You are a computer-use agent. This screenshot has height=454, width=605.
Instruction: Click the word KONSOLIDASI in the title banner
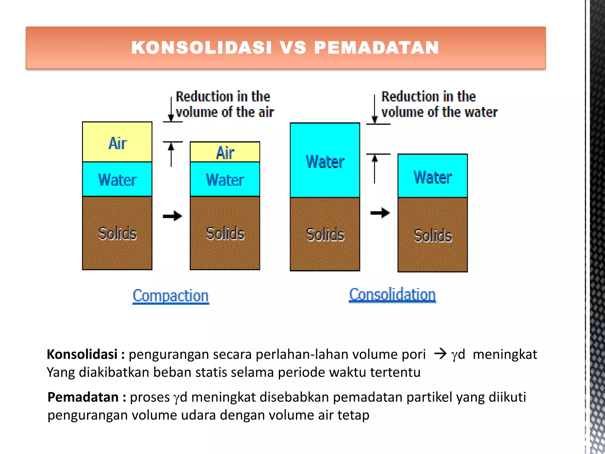(x=201, y=48)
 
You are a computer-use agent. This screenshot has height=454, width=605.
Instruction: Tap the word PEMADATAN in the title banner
(x=376, y=48)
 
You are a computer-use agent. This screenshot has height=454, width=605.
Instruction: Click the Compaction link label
(x=171, y=296)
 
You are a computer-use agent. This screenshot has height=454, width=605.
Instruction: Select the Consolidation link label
(x=392, y=295)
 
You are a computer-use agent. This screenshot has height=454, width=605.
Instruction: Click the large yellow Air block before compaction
(x=117, y=142)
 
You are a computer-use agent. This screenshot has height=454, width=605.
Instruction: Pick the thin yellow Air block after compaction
(x=225, y=152)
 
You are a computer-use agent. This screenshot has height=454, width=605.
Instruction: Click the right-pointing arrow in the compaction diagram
(x=173, y=216)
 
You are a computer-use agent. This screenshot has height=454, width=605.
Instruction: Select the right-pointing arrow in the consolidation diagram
(x=380, y=213)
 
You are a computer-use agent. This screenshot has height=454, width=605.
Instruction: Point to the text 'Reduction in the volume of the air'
(x=225, y=104)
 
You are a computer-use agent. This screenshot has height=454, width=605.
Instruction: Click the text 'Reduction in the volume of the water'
(x=439, y=104)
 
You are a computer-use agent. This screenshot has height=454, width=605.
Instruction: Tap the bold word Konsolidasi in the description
(x=82, y=354)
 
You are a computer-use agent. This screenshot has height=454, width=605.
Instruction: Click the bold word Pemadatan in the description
(x=83, y=397)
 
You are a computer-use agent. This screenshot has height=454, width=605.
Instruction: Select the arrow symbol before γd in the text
(x=440, y=354)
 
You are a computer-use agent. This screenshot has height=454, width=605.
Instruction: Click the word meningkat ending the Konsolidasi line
(x=505, y=354)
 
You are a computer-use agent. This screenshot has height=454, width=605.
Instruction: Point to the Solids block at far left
(x=117, y=233)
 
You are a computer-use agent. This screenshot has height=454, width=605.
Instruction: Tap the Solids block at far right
(x=432, y=235)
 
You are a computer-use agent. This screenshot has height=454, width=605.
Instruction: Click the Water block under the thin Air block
(x=225, y=179)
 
